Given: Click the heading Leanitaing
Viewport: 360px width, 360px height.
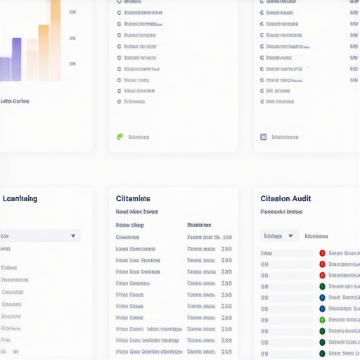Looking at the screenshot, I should (20, 199).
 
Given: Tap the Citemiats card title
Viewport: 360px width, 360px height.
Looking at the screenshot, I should (133, 199).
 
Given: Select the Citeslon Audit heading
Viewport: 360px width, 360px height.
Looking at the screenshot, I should (285, 199).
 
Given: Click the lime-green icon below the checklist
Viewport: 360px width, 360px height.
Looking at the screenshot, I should (120, 137).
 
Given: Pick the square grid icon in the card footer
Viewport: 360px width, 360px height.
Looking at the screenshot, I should (264, 137).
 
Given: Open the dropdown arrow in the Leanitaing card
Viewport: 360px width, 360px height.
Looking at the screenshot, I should (73, 236).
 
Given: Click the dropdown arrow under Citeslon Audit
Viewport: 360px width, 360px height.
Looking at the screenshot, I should (291, 236).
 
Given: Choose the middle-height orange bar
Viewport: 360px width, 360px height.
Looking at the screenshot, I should (44, 53).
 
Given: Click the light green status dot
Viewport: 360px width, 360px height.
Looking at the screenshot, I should (322, 320).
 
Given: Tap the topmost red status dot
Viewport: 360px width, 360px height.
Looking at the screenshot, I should (322, 253).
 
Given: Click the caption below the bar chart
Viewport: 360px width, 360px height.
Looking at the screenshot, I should (15, 101).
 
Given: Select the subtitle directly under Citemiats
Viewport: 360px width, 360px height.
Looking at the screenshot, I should (136, 211).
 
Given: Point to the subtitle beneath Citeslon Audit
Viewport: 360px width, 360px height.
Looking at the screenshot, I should (281, 211).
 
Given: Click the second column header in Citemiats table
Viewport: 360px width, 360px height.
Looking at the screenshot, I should (199, 225).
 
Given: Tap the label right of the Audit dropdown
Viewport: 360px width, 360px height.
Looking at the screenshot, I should (316, 236).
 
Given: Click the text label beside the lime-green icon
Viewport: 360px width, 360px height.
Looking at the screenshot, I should (139, 137).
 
